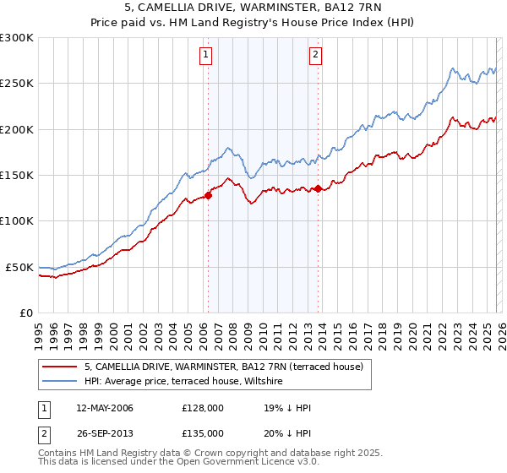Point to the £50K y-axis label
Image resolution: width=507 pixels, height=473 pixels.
tap(19, 267)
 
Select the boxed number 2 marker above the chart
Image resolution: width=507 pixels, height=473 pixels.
tap(315, 56)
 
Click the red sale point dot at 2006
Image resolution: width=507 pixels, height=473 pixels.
tap(208, 196)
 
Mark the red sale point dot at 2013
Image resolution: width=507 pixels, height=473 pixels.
tap(318, 189)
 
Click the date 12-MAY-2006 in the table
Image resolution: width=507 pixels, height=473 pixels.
tap(104, 409)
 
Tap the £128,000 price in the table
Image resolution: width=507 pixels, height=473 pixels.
tap(203, 409)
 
